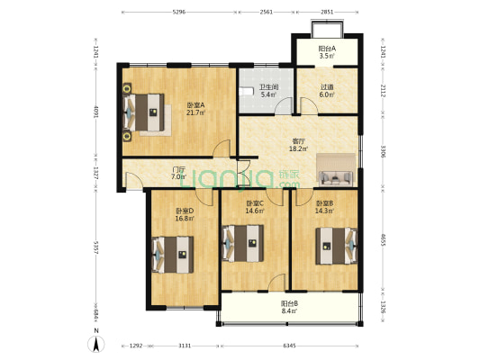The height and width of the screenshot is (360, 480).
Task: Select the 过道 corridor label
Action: (x=327, y=87)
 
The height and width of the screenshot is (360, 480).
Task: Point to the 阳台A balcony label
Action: (x=327, y=49)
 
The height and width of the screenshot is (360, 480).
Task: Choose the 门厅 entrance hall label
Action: (x=178, y=170)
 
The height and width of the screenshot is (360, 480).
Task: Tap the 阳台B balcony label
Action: (x=289, y=303)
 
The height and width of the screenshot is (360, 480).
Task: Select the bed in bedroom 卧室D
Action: (x=172, y=254)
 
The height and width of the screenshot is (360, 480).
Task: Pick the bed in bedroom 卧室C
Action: (x=243, y=242)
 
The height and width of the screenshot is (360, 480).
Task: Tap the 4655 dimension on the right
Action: (x=384, y=240)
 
